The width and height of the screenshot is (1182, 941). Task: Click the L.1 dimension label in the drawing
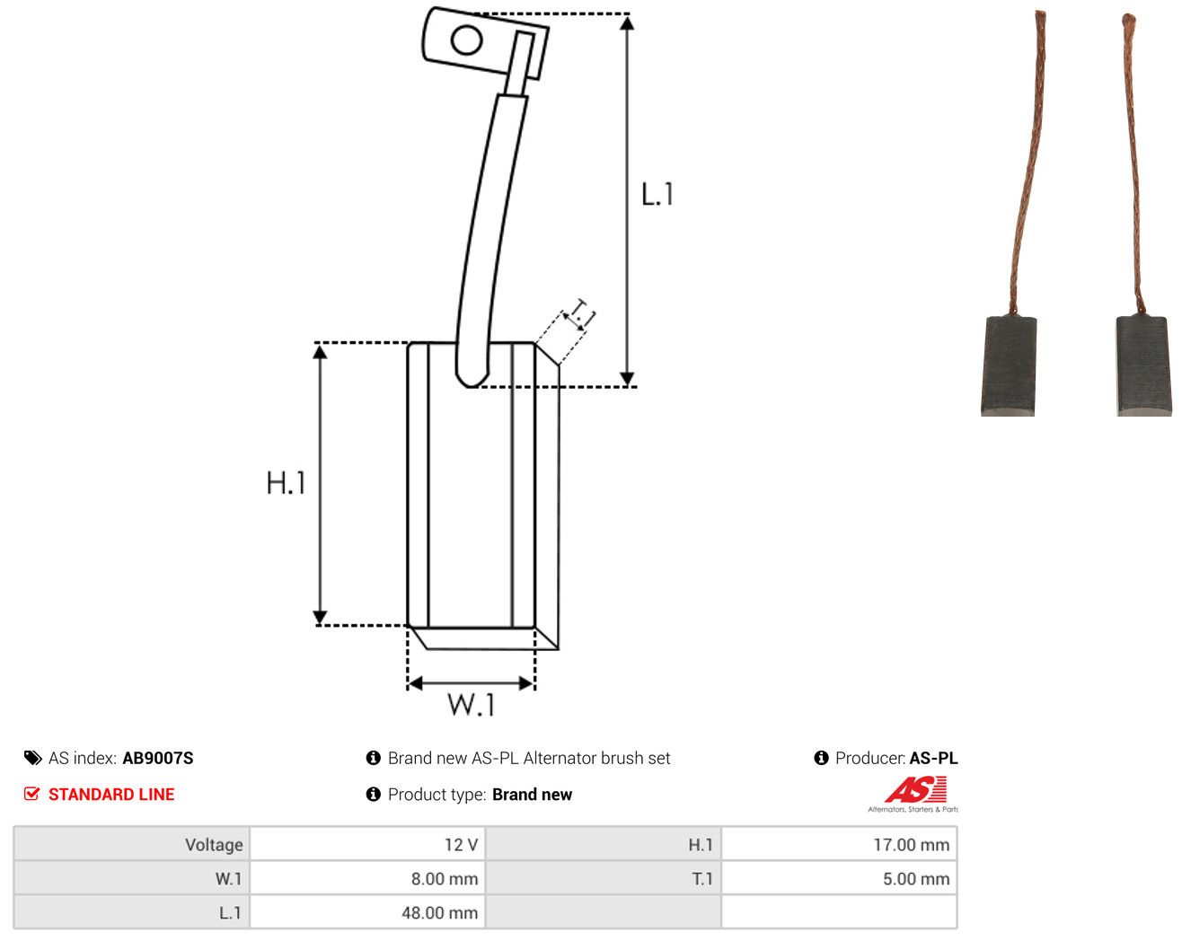coord(657,194)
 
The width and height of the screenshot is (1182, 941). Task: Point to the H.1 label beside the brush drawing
coord(286,482)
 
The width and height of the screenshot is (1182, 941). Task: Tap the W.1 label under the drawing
coord(472,705)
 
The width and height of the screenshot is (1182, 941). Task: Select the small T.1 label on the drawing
coord(582,313)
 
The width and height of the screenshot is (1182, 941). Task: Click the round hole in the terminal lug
coord(466,40)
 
